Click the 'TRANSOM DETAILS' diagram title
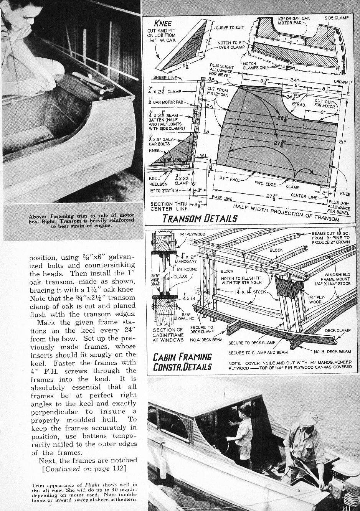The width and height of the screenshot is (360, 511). click(200, 218)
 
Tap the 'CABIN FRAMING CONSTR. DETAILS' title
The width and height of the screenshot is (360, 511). click(182, 361)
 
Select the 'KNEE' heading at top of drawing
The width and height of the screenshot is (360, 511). click(162, 23)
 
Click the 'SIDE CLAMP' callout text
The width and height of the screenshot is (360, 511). click(337, 18)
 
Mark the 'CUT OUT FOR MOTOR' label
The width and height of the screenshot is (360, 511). click(325, 103)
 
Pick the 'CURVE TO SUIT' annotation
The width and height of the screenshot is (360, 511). click(230, 28)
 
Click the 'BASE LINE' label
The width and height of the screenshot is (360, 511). click(222, 197)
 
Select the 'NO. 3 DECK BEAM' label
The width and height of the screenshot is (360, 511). click(332, 351)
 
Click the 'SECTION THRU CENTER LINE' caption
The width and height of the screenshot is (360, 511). click(169, 206)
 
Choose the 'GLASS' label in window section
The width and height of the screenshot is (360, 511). click(180, 277)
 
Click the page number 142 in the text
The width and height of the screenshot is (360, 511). click(118, 468)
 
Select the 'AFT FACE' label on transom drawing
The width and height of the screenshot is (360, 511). click(229, 178)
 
